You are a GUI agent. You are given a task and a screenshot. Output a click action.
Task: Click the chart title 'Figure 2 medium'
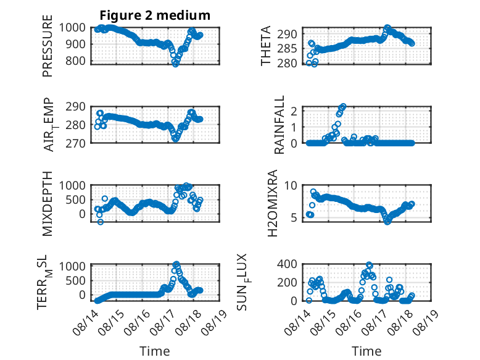pyautogui.click(x=155, y=15)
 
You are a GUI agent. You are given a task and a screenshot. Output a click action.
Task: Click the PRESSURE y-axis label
pyautogui.click(x=48, y=46)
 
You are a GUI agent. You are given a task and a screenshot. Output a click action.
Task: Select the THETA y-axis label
pyautogui.click(x=266, y=46)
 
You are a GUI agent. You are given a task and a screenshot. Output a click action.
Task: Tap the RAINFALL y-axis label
pyautogui.click(x=279, y=125)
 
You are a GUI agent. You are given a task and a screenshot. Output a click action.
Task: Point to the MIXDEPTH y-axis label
pyautogui.click(x=48, y=204)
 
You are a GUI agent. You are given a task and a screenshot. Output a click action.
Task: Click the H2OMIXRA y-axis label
pyautogui.click(x=272, y=203)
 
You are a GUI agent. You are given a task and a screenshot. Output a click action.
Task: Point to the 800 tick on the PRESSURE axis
pyautogui.click(x=75, y=61)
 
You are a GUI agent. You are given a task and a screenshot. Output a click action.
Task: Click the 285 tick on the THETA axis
pyautogui.click(x=287, y=48)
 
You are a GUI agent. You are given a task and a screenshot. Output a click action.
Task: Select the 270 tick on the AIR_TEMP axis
pyautogui.click(x=75, y=143)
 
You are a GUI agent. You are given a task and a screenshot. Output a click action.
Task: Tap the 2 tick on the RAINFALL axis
pyautogui.click(x=294, y=111)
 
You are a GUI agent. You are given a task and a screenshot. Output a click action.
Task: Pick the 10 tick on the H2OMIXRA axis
pyautogui.click(x=291, y=185)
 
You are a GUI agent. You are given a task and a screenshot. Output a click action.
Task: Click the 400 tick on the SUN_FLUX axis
pyautogui.click(x=287, y=264)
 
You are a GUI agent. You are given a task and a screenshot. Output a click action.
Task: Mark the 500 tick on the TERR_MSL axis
pyautogui.click(x=75, y=280)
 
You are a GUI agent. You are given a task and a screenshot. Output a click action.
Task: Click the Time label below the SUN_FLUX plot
pyautogui.click(x=366, y=351)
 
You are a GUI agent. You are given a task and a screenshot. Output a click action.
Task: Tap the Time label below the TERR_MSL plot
pyautogui.click(x=155, y=351)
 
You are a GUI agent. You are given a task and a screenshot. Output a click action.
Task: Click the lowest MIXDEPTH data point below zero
pyautogui.click(x=101, y=222)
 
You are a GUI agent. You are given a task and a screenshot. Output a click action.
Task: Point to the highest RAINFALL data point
pyautogui.click(x=343, y=106)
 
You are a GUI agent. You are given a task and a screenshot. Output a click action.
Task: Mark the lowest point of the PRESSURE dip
pyautogui.click(x=175, y=64)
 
